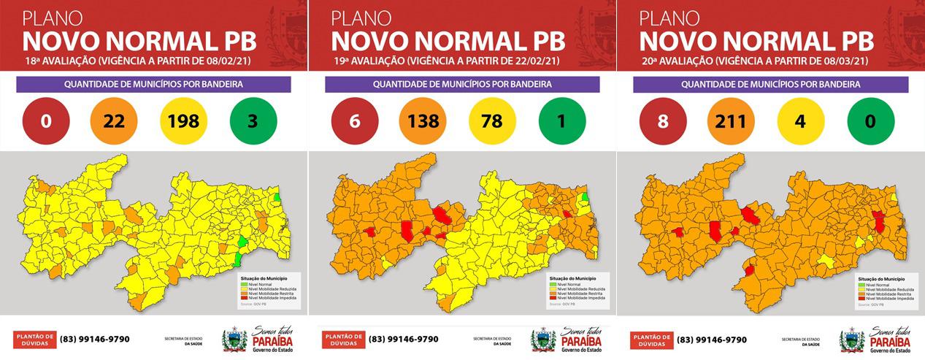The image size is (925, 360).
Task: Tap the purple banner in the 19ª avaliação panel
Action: (x=462, y=85)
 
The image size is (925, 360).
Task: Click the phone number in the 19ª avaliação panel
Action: (x=403, y=339)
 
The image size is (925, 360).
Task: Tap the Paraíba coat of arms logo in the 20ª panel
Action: (x=851, y=340)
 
